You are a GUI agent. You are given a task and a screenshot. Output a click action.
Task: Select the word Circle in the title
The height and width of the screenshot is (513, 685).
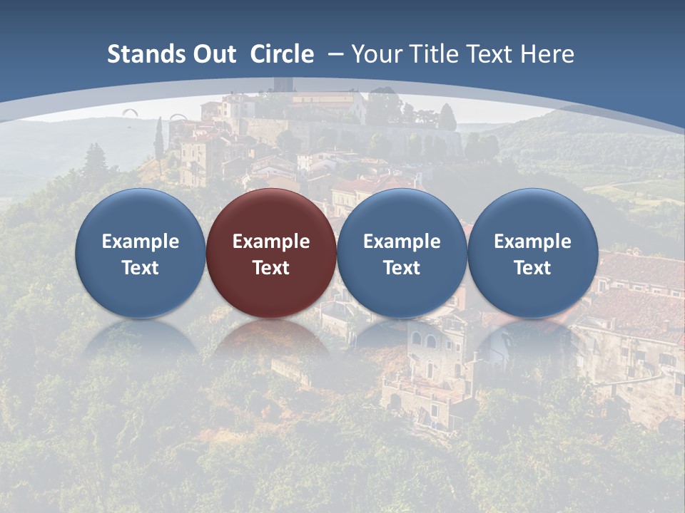(282, 54)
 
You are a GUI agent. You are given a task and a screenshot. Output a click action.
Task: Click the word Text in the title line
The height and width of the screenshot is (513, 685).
(490, 54)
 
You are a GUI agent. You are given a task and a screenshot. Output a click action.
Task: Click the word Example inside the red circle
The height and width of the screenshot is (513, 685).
(271, 242)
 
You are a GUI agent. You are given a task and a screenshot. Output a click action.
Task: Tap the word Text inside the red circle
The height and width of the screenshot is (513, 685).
(271, 268)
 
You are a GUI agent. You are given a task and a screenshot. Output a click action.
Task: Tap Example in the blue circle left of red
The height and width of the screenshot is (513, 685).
(141, 242)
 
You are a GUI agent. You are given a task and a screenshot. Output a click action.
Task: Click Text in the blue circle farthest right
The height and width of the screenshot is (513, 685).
(532, 268)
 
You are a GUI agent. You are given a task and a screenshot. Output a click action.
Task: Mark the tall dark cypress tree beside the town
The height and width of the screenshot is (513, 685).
(158, 139)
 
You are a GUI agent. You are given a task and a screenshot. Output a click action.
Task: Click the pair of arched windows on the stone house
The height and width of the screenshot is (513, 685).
(423, 341)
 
